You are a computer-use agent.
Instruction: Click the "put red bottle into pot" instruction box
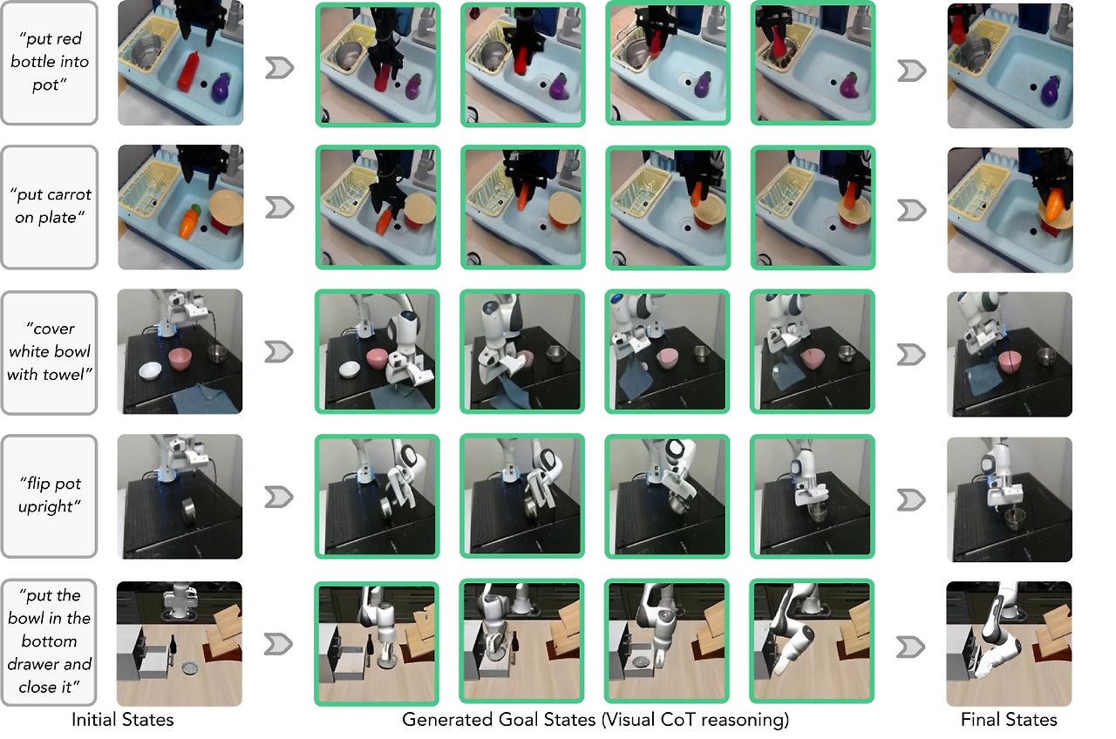pos(49,63)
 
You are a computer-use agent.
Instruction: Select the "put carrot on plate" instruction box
pos(50,207)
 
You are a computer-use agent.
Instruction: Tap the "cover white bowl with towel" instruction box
pos(49,352)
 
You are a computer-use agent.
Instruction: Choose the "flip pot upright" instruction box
pos(49,496)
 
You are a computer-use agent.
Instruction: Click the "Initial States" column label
pos(123,720)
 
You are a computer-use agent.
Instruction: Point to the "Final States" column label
pos(1009,720)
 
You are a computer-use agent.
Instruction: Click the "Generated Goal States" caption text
pos(499,720)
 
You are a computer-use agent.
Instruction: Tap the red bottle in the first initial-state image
pos(188,71)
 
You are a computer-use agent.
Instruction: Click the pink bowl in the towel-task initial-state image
pos(180,359)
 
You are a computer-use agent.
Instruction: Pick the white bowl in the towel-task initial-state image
pos(150,371)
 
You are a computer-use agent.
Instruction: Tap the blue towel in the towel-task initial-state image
pos(205,398)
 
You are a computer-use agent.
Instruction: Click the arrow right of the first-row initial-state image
pos(279,68)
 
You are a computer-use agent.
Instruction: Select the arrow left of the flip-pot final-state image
pos(911,500)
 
